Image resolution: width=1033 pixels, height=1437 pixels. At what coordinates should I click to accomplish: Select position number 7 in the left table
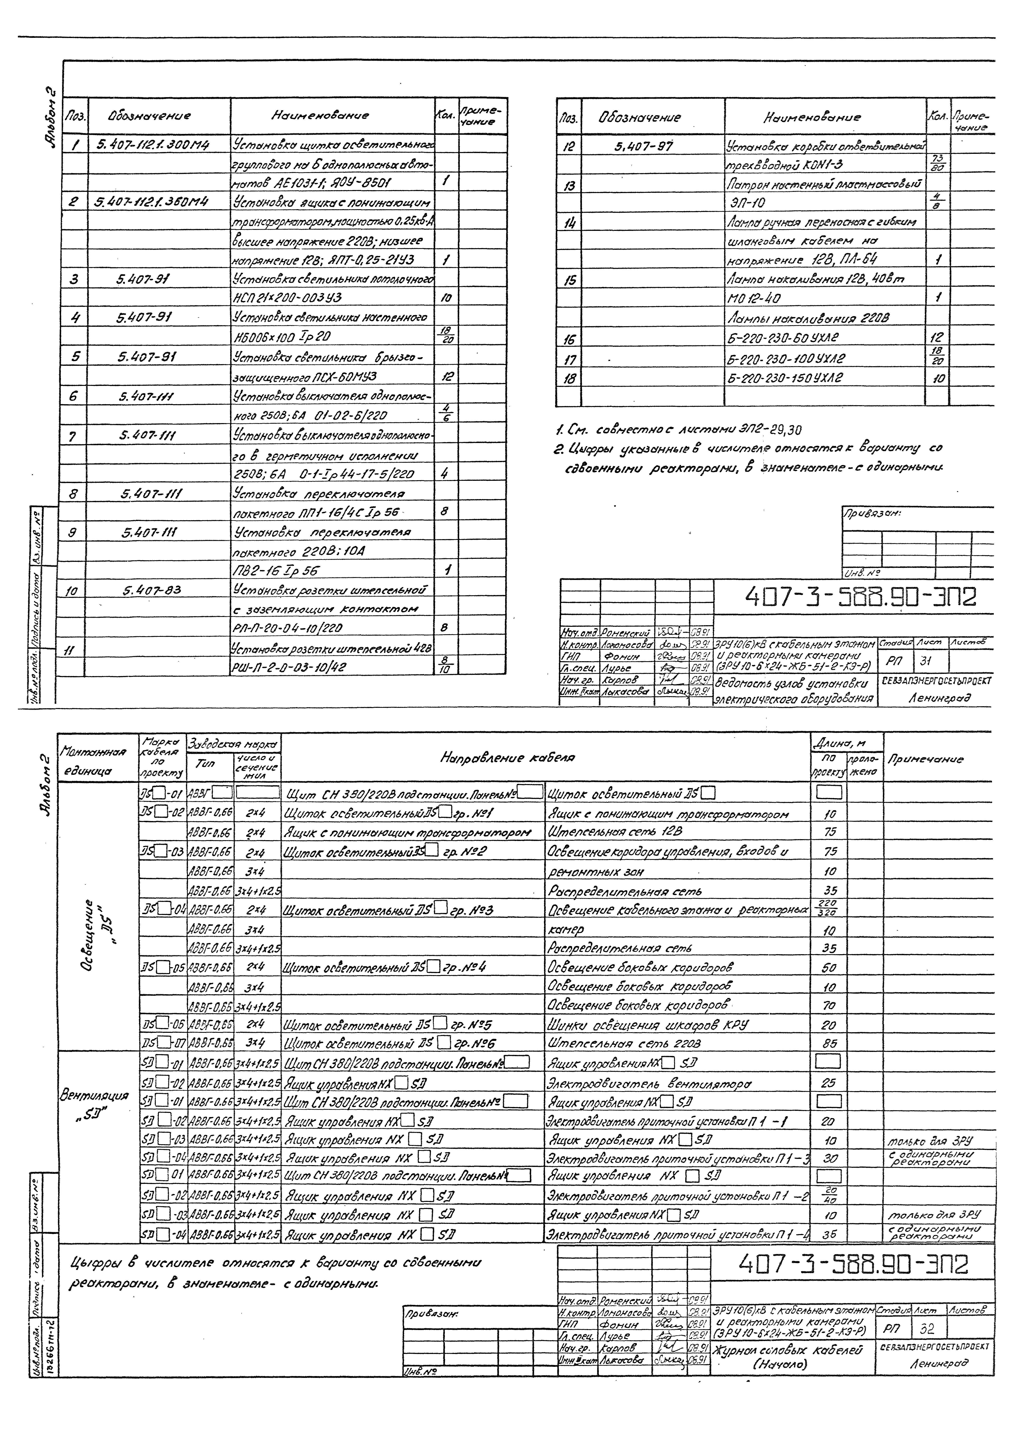tap(73, 436)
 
